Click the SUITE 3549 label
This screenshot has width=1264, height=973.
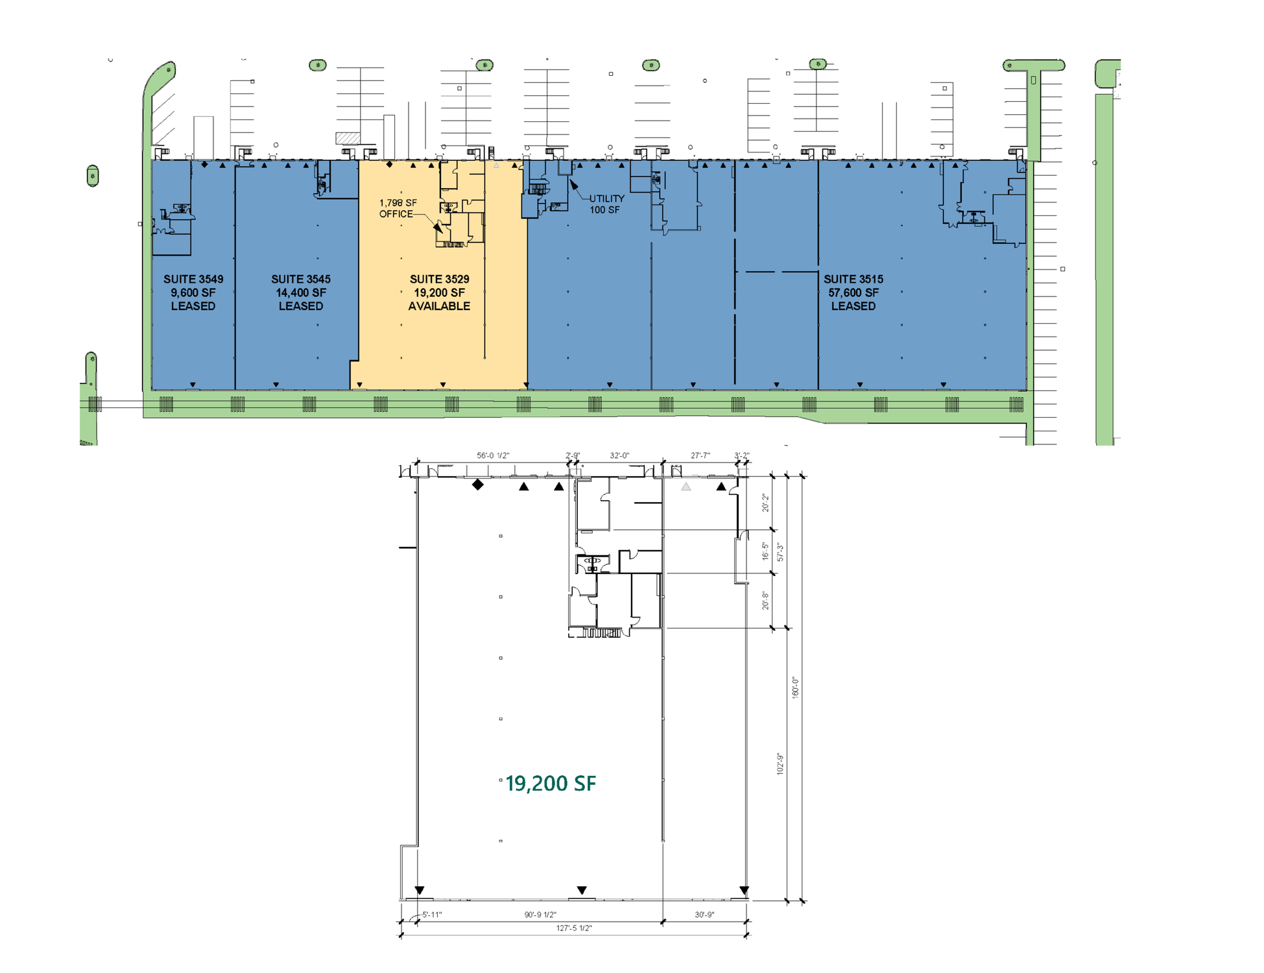tap(193, 279)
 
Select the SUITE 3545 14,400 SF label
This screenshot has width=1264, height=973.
tap(301, 285)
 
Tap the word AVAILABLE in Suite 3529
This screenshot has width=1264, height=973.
tap(439, 306)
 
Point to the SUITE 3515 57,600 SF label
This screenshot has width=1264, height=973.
tap(853, 285)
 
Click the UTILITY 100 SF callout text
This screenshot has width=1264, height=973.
tap(606, 204)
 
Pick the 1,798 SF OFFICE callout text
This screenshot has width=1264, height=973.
tap(398, 208)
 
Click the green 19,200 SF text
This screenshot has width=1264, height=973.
tap(551, 784)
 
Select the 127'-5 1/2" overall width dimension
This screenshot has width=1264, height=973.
tap(574, 928)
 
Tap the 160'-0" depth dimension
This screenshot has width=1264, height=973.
tap(795, 688)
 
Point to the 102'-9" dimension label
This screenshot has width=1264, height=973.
tap(780, 764)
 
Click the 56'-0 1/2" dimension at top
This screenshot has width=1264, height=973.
tap(493, 455)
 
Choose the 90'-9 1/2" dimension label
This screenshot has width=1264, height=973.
tap(540, 915)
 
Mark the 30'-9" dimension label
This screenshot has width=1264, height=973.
tap(704, 915)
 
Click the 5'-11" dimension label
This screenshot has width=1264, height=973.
tap(432, 915)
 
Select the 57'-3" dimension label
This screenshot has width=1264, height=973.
tap(780, 552)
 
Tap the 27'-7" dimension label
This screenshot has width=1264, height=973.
tap(700, 455)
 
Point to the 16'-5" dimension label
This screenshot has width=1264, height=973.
tap(765, 551)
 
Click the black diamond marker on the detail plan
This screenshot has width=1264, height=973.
tap(478, 485)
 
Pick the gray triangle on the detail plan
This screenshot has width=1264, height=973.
tap(686, 486)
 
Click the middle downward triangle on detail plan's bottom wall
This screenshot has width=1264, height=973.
tap(582, 890)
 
